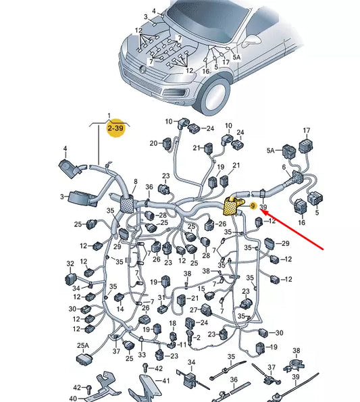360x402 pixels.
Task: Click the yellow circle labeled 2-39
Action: pyautogui.click(x=116, y=128)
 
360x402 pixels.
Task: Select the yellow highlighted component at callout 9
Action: pyautogui.click(x=232, y=206)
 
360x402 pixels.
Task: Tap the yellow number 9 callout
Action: pyautogui.click(x=253, y=206)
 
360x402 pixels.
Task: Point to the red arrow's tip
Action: pyautogui.click(x=260, y=209)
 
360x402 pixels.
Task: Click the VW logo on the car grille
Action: pyautogui.click(x=143, y=69)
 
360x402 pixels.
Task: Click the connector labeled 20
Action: pyautogui.click(x=168, y=143)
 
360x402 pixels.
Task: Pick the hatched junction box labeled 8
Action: pyautogui.click(x=128, y=203)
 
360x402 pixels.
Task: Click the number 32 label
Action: pyautogui.click(x=70, y=263)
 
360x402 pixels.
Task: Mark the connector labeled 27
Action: pyautogui.click(x=206, y=309)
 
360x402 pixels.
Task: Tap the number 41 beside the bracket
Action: pyautogui.click(x=166, y=381)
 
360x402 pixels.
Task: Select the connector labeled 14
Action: pyautogui.click(x=119, y=297)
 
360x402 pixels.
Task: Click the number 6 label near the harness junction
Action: pyautogui.click(x=284, y=167)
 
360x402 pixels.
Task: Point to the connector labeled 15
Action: pyautogui.click(x=210, y=296)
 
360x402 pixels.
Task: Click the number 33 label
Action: pyautogui.click(x=142, y=355)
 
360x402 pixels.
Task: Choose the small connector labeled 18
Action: pyautogui.click(x=174, y=336)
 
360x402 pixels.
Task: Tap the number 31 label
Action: pyautogui.click(x=161, y=298)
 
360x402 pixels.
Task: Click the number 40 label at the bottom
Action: pyautogui.click(x=73, y=399)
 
